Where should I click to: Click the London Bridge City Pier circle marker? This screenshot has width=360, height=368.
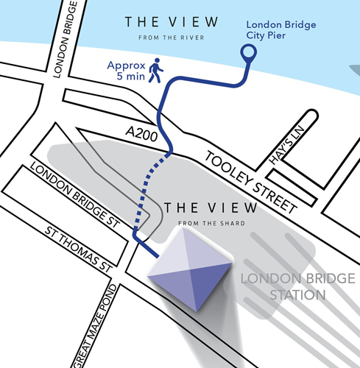point(249,52)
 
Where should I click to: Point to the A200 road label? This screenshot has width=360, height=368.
point(141,133)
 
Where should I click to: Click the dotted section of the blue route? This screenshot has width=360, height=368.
point(149,188)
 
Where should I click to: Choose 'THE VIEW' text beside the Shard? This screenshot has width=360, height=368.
point(200,208)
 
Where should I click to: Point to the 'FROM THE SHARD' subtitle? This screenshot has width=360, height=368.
point(200,222)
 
